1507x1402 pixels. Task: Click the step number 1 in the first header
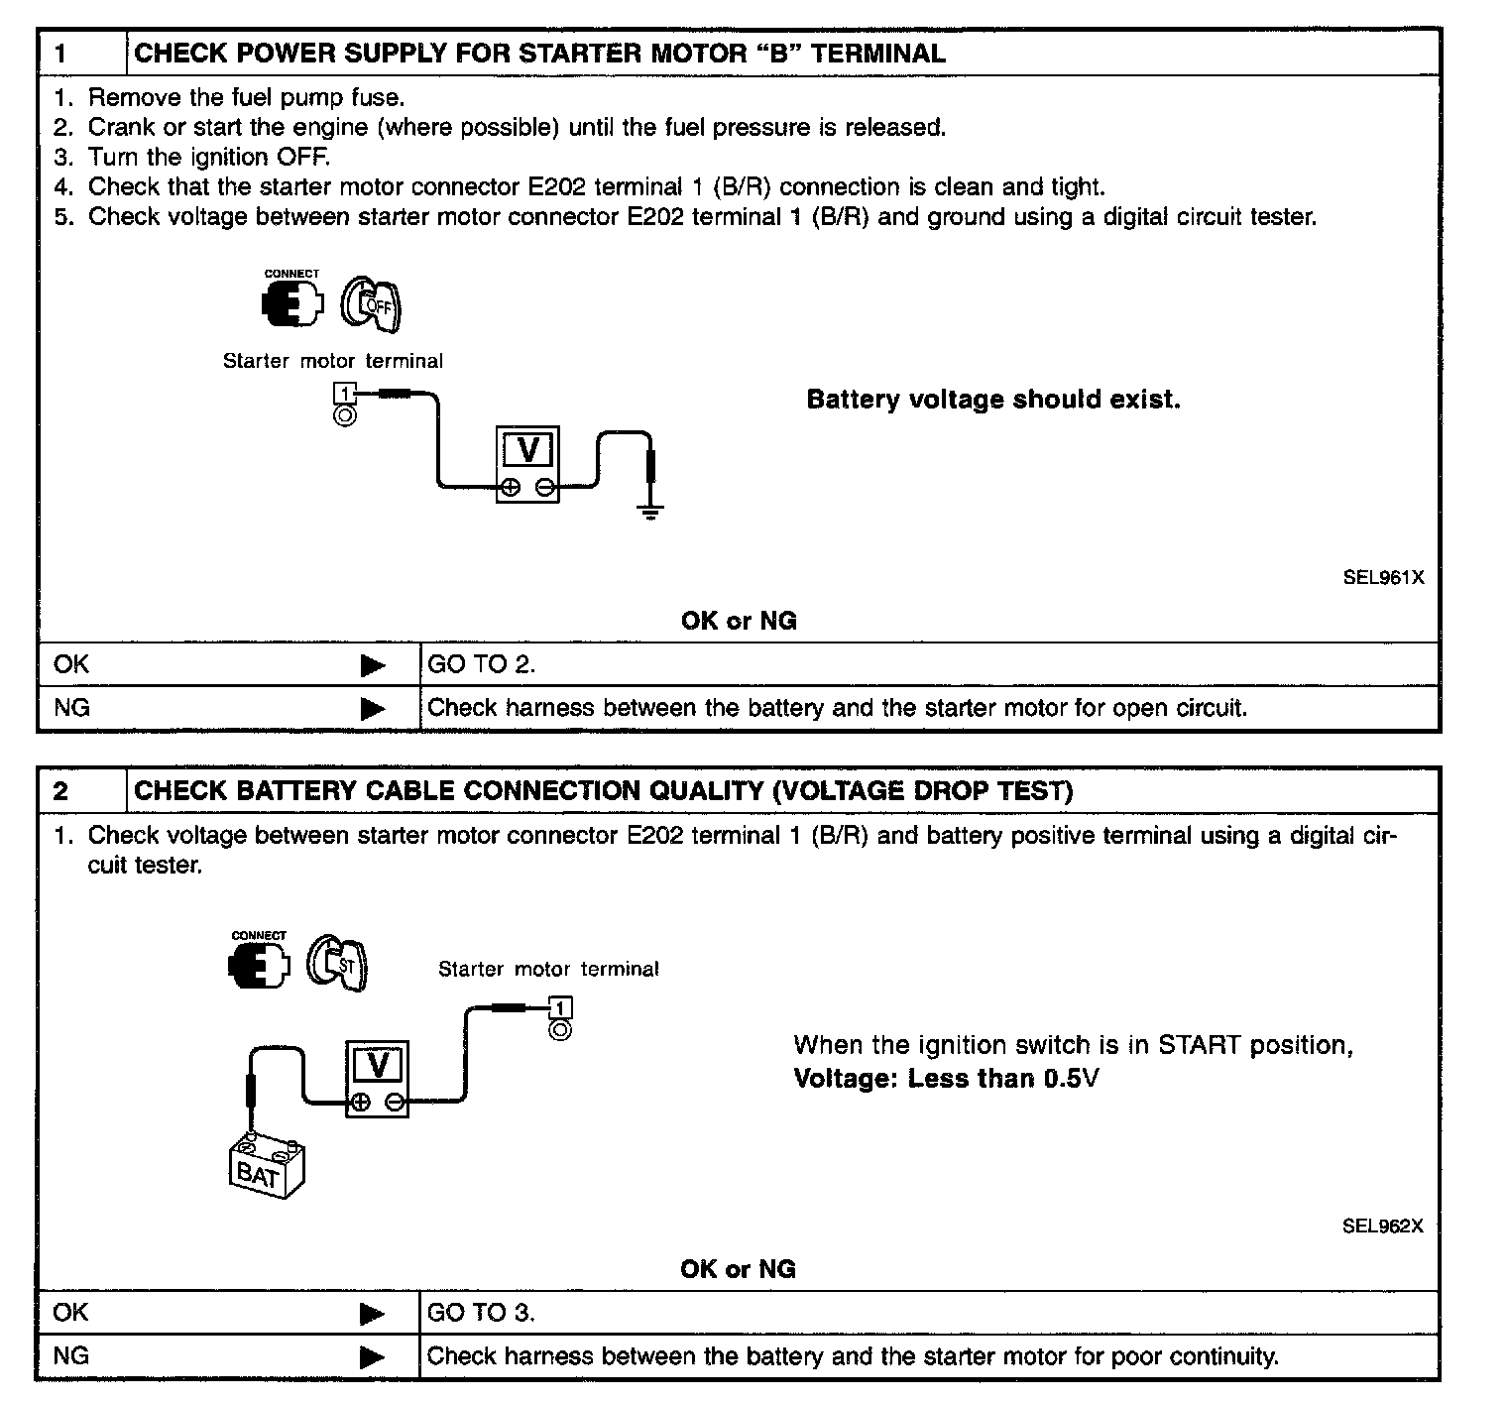point(61,54)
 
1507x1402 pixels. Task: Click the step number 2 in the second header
point(61,791)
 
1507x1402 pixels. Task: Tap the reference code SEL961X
point(1383,577)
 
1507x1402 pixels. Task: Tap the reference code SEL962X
point(1382,1226)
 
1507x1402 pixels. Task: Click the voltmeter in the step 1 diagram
point(527,464)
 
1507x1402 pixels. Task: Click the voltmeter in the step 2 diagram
point(377,1079)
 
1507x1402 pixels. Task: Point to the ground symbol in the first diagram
point(649,512)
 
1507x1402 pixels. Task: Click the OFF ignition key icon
point(372,303)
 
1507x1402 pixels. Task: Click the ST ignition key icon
point(338,961)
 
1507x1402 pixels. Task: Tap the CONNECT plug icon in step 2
point(259,962)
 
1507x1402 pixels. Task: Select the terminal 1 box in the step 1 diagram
point(344,394)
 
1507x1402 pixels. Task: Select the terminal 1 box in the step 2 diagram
point(560,1009)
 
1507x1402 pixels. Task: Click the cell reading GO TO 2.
point(482,664)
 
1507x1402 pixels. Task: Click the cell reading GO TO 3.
point(481,1313)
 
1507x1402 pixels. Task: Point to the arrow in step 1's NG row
point(373,708)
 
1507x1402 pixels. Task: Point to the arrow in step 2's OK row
point(372,1314)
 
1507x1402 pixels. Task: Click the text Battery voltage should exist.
point(993,400)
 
